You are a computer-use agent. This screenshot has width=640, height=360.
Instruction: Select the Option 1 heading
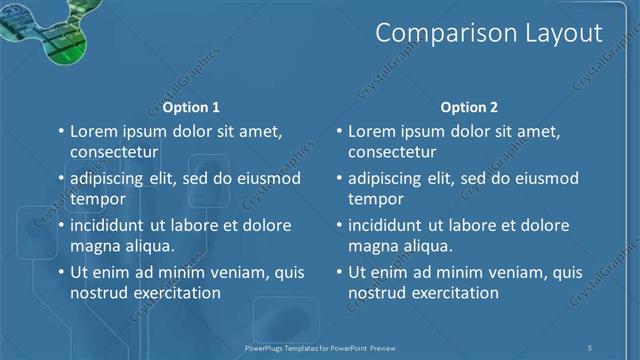click(190, 107)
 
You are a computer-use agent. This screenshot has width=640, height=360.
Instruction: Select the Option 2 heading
click(470, 107)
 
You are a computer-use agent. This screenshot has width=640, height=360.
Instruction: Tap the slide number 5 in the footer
click(591, 347)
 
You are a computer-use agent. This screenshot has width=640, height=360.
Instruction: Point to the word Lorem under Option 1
click(95, 131)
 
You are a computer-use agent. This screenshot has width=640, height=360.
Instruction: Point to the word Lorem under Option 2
click(374, 131)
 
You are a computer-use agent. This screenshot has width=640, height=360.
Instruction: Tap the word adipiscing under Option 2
click(392, 178)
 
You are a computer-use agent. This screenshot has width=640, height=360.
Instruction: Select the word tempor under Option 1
click(95, 198)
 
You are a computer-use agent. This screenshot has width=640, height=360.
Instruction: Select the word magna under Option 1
click(94, 246)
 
